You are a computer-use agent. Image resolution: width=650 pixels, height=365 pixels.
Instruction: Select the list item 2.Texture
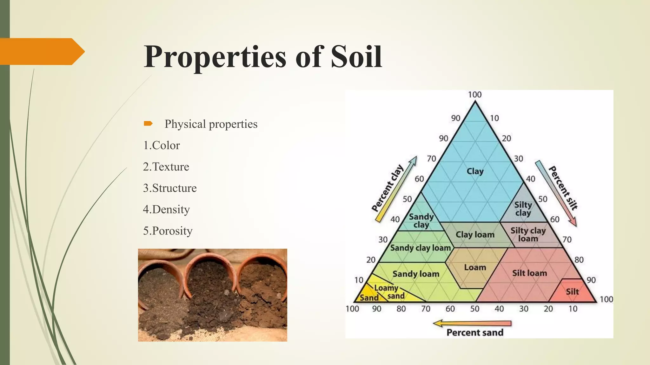point(166,167)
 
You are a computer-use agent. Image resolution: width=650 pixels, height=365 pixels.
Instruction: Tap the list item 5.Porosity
point(168,231)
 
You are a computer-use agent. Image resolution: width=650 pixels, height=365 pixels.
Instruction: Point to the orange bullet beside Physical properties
point(148,124)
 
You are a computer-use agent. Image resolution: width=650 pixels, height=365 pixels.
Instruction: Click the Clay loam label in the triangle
point(475,235)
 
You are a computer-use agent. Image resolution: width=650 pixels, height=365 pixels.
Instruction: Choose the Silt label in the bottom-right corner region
point(572,291)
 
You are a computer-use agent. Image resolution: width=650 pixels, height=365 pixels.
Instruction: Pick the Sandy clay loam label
point(420,248)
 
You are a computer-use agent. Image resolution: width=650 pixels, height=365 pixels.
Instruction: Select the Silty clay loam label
point(528,234)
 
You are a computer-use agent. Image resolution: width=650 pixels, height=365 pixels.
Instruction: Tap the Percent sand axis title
point(475,332)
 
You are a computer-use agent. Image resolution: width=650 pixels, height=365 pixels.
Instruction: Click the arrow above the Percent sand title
point(472,323)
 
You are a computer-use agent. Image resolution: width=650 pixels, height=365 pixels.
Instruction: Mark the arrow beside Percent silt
point(556,193)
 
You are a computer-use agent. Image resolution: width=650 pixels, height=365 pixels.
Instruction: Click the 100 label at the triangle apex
point(475,94)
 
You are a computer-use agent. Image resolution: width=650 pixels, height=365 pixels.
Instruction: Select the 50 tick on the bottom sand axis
point(474,309)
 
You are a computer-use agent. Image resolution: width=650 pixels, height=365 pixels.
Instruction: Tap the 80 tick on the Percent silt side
point(579,260)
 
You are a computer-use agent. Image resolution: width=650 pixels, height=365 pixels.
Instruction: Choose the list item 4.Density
point(166,209)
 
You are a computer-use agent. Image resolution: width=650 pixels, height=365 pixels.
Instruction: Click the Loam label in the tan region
point(475,267)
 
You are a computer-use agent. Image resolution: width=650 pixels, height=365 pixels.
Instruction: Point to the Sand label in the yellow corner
point(369,298)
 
